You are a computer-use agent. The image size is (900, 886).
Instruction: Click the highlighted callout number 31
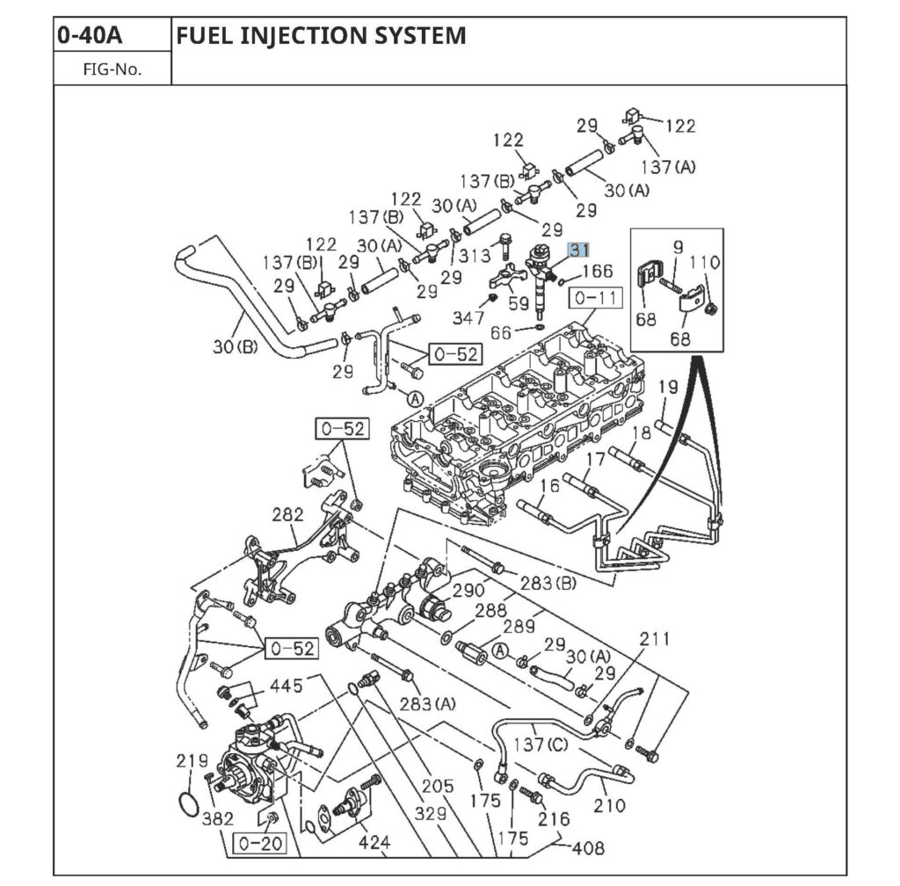[x=577, y=251]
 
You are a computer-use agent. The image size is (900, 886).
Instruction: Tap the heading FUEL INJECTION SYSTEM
[x=321, y=35]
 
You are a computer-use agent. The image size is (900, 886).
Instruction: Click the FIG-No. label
[x=112, y=69]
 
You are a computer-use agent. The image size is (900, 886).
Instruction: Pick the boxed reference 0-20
[x=259, y=845]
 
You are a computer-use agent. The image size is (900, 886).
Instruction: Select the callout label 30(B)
[x=235, y=346]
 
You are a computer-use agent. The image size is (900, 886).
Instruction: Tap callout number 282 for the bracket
[x=287, y=515]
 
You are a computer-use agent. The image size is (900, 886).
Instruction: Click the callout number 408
[x=587, y=848]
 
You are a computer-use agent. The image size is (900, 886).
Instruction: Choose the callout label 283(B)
[x=548, y=584]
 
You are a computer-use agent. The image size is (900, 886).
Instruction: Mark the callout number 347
[x=468, y=317]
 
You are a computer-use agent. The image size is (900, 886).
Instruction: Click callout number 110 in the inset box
[x=704, y=262]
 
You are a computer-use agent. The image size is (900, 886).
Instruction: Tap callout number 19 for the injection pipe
[x=668, y=385]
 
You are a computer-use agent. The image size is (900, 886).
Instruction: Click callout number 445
[x=286, y=685]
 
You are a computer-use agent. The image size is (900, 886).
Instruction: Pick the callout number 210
[x=609, y=804]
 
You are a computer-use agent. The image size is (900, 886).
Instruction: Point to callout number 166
[x=597, y=272]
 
